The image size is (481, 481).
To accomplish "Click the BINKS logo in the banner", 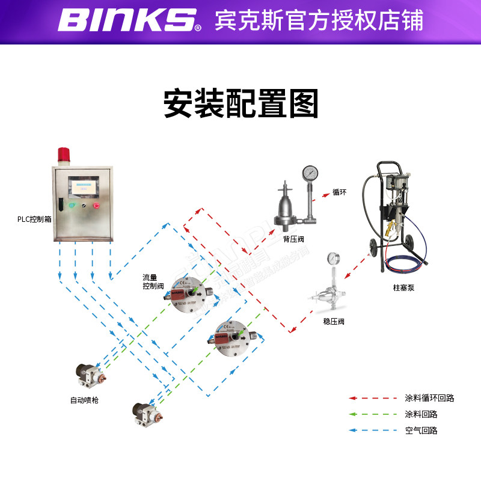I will coord(129,20).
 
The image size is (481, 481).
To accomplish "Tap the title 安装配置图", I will coord(240,104).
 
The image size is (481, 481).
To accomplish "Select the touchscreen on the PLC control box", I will coord(82,185).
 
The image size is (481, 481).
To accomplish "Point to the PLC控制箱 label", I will coord(34,219).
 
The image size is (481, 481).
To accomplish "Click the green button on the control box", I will coord(72,205).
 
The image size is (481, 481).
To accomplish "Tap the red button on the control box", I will coord(96,205).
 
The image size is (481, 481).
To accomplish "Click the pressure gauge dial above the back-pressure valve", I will coord(310,173).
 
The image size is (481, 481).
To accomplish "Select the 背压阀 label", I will coord(293,239).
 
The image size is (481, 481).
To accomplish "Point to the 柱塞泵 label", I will coord(404,288).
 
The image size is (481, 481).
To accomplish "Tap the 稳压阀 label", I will coord(334,322).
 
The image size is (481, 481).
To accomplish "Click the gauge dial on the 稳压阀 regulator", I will coord(331,259).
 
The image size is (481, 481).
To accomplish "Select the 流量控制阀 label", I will coord(153,282).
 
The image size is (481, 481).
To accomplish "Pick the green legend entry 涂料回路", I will coord(421,414).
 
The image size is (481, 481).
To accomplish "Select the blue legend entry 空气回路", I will coord(421,430).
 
